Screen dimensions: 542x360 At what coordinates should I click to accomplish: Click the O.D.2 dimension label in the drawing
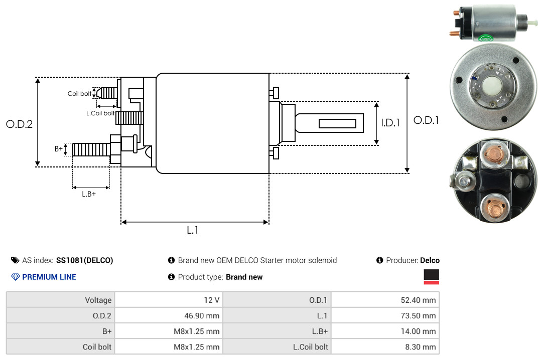tap(20, 124)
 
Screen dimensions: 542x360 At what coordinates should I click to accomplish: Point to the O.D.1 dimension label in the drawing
tap(426, 120)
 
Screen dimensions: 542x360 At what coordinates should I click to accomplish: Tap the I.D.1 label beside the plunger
tap(390, 123)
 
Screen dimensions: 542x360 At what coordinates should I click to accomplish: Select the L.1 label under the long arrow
tap(193, 230)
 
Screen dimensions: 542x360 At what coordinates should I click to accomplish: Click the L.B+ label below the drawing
tap(89, 194)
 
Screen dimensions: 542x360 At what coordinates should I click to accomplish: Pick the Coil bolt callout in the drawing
tap(79, 94)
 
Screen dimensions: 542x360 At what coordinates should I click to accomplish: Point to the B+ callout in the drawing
tap(58, 149)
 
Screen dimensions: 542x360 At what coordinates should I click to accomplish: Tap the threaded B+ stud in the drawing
tap(91, 149)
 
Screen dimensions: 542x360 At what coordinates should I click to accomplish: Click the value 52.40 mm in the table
tap(418, 300)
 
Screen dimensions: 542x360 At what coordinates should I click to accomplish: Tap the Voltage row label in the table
tap(98, 300)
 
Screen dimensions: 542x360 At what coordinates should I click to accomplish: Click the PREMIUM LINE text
tap(49, 277)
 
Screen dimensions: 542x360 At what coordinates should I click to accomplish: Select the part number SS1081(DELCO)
tap(85, 261)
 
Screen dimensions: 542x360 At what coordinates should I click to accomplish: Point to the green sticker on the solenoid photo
tap(485, 38)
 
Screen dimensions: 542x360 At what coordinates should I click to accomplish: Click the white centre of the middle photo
tap(492, 85)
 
